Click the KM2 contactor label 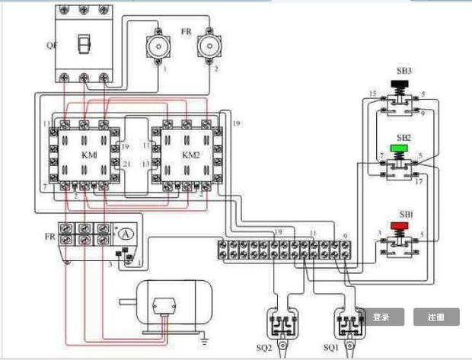190,155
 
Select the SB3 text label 403,71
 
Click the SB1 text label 403,215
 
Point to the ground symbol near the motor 203,333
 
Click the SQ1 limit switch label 330,348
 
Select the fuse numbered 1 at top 158,47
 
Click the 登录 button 381,317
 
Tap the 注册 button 435,317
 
